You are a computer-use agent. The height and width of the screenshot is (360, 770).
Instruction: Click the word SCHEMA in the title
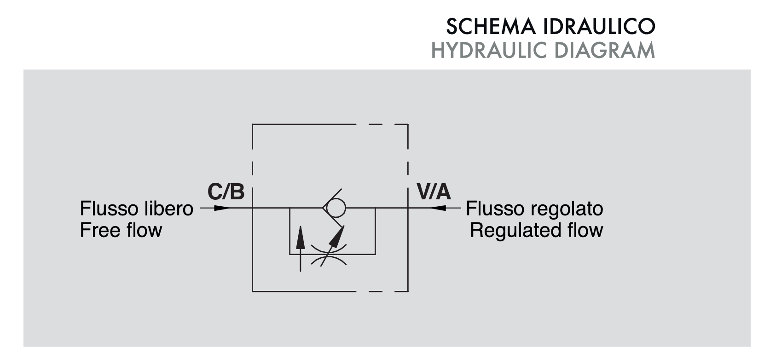click(491, 27)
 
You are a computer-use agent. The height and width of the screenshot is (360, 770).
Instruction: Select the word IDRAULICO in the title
click(599, 27)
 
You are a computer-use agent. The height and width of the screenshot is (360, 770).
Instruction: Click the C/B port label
click(226, 192)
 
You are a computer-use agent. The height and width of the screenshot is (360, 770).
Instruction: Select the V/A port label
click(434, 192)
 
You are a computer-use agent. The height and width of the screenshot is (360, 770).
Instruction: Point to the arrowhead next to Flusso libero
click(222, 208)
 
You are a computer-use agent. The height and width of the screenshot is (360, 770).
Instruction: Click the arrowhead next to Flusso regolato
click(438, 208)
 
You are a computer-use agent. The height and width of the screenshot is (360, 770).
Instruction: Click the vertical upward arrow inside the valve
click(301, 249)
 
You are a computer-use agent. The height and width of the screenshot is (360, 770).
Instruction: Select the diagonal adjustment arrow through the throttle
click(332, 246)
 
